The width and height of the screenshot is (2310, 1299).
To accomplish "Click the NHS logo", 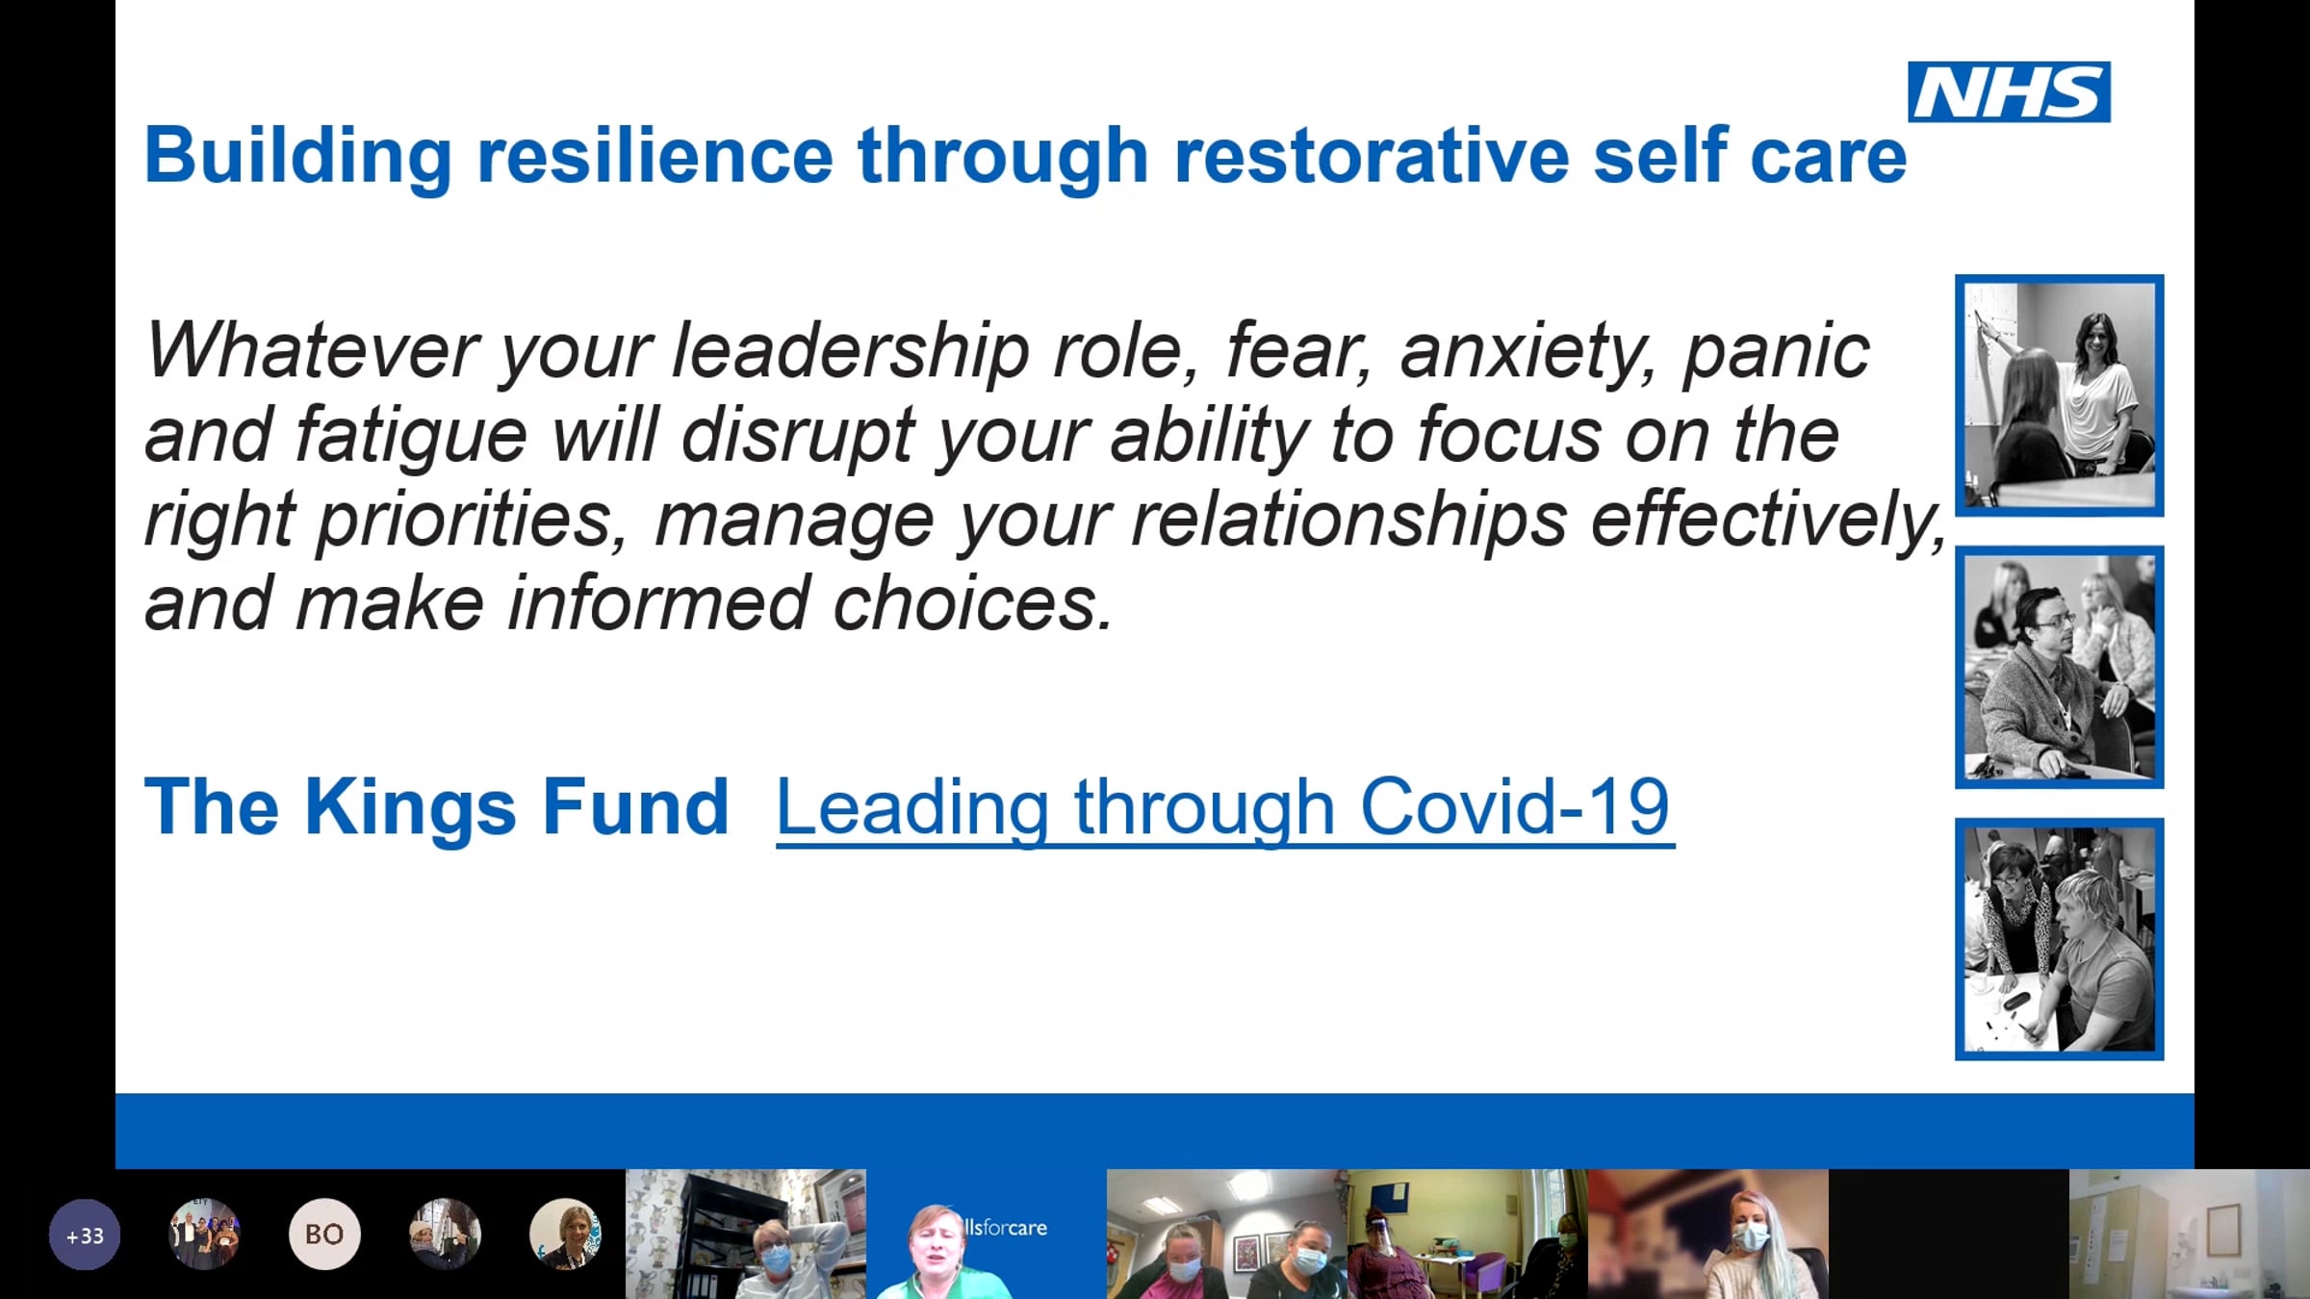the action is click(x=2009, y=92).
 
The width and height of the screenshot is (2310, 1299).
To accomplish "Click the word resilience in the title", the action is click(x=654, y=155).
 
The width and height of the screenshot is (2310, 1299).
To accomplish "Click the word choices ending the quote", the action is click(x=973, y=603).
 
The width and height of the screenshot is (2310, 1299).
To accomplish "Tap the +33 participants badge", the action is click(x=85, y=1235).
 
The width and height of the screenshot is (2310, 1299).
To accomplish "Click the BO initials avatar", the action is click(x=324, y=1234).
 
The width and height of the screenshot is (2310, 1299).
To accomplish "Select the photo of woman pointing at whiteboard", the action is click(x=2059, y=395).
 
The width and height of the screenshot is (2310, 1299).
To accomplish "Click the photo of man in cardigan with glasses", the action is click(x=2059, y=667).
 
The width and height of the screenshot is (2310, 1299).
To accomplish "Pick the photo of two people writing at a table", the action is click(x=2059, y=939).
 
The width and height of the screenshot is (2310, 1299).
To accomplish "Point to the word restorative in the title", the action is click(x=1372, y=155).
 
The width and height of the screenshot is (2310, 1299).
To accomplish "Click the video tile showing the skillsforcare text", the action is click(x=987, y=1235).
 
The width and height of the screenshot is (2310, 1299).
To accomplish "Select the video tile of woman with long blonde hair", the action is click(x=1708, y=1235).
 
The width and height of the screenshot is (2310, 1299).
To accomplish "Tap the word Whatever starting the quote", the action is click(x=311, y=350).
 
